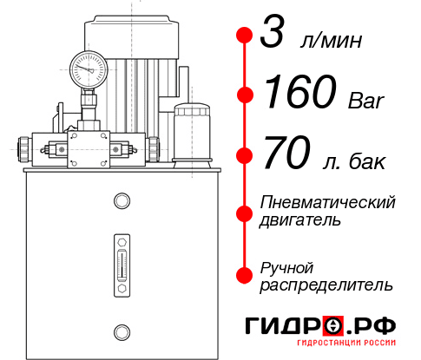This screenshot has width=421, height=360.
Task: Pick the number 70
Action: pyautogui.click(x=285, y=156)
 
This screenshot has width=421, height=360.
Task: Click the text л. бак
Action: pyautogui.click(x=351, y=161)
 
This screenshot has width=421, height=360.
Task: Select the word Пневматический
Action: pyautogui.click(x=327, y=203)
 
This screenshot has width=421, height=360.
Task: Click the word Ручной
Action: pyautogui.click(x=287, y=266)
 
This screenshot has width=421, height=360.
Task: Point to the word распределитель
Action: pyautogui.click(x=326, y=284)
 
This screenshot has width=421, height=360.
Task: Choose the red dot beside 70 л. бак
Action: pyautogui.click(x=244, y=156)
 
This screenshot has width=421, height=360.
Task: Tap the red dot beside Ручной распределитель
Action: pyautogui.click(x=244, y=274)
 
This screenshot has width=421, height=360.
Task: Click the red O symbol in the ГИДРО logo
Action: pyautogui.click(x=332, y=326)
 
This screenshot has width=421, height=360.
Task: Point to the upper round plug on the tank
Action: pyautogui.click(x=121, y=201)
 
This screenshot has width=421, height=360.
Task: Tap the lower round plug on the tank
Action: pyautogui.click(x=121, y=330)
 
